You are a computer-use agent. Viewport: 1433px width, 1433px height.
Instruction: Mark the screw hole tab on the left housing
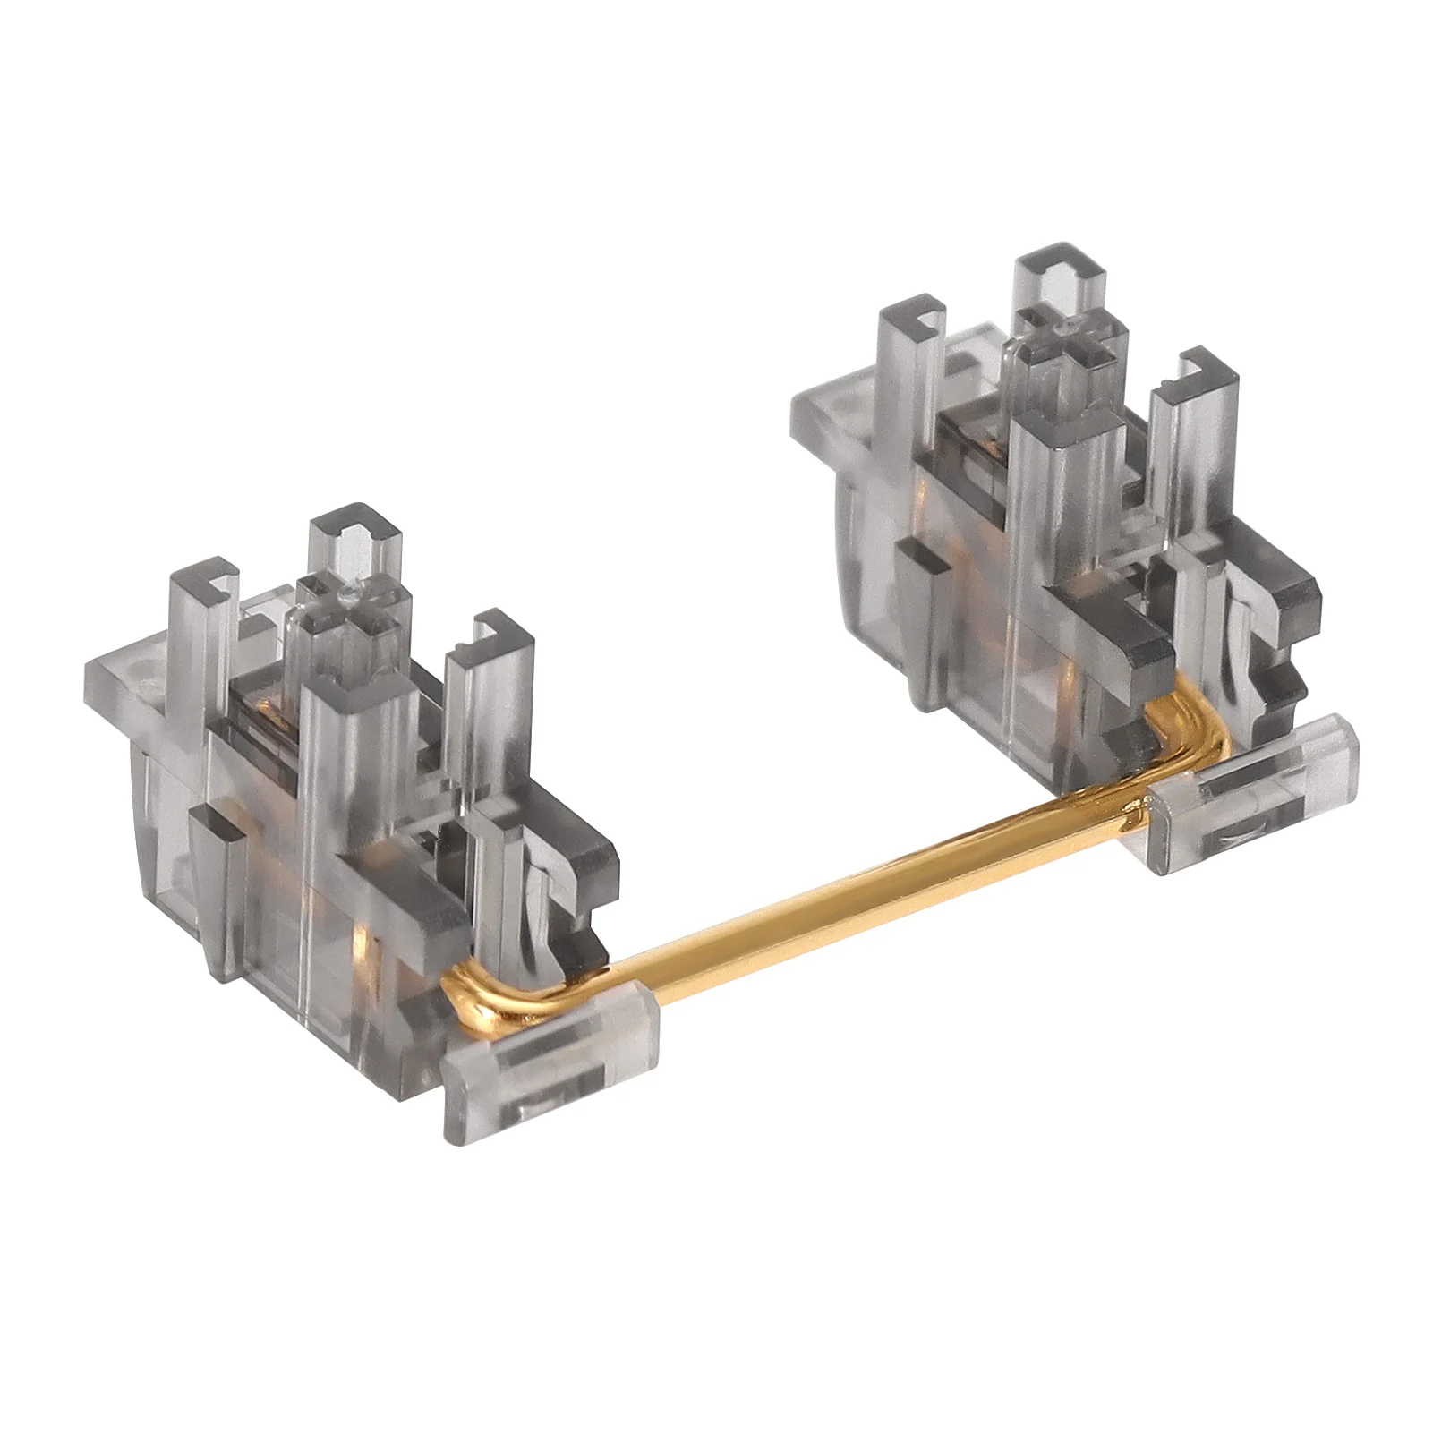click(134, 671)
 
